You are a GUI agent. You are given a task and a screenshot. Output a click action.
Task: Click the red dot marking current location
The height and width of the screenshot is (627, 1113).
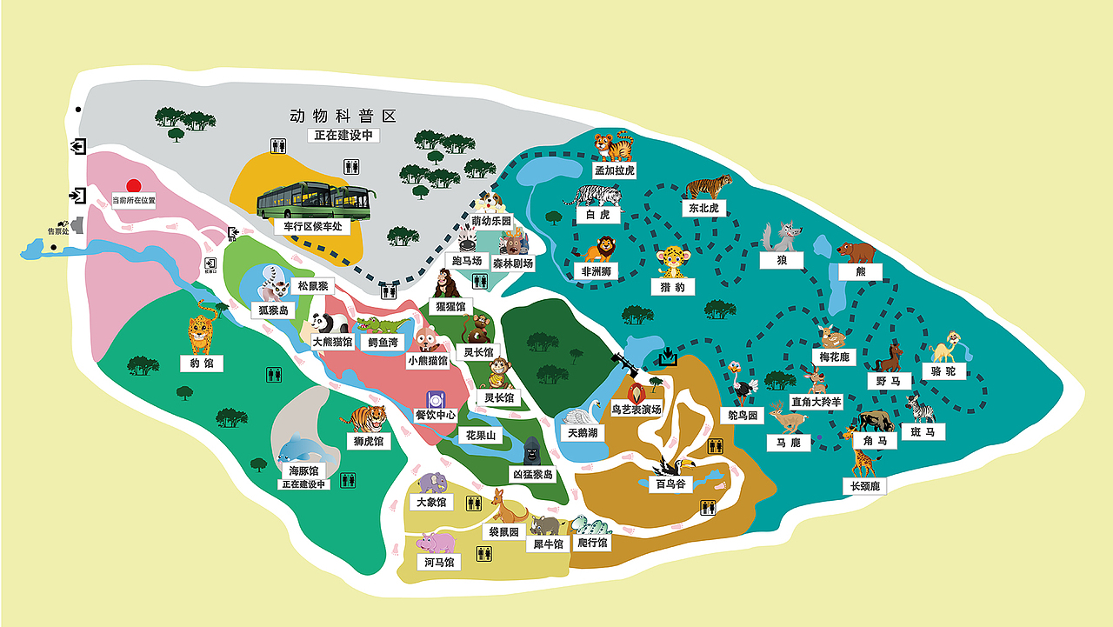coord(133,185)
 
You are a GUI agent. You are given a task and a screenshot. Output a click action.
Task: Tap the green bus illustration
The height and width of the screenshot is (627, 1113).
coord(315,202)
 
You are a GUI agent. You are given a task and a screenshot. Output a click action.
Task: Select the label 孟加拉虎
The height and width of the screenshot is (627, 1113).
coord(615,170)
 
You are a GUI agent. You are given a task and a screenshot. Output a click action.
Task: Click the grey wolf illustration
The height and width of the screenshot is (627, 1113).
coord(781,237)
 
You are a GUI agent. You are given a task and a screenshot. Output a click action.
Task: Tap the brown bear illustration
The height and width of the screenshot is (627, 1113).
coord(856,253)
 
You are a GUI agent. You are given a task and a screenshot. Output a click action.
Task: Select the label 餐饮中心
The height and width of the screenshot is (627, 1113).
coord(436,416)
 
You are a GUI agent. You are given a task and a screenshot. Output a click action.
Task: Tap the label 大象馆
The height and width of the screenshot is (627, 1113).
coord(430,502)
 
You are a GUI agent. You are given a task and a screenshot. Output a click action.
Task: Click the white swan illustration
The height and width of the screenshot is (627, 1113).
coord(582,415)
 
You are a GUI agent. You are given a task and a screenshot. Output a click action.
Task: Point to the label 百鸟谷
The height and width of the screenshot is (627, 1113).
coord(671,484)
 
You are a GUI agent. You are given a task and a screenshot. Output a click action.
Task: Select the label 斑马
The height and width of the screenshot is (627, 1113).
coord(923,432)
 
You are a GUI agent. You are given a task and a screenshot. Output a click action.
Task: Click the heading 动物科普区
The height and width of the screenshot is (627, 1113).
coord(343,116)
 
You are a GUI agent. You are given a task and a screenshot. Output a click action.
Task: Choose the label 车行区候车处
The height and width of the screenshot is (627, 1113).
coord(309,226)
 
